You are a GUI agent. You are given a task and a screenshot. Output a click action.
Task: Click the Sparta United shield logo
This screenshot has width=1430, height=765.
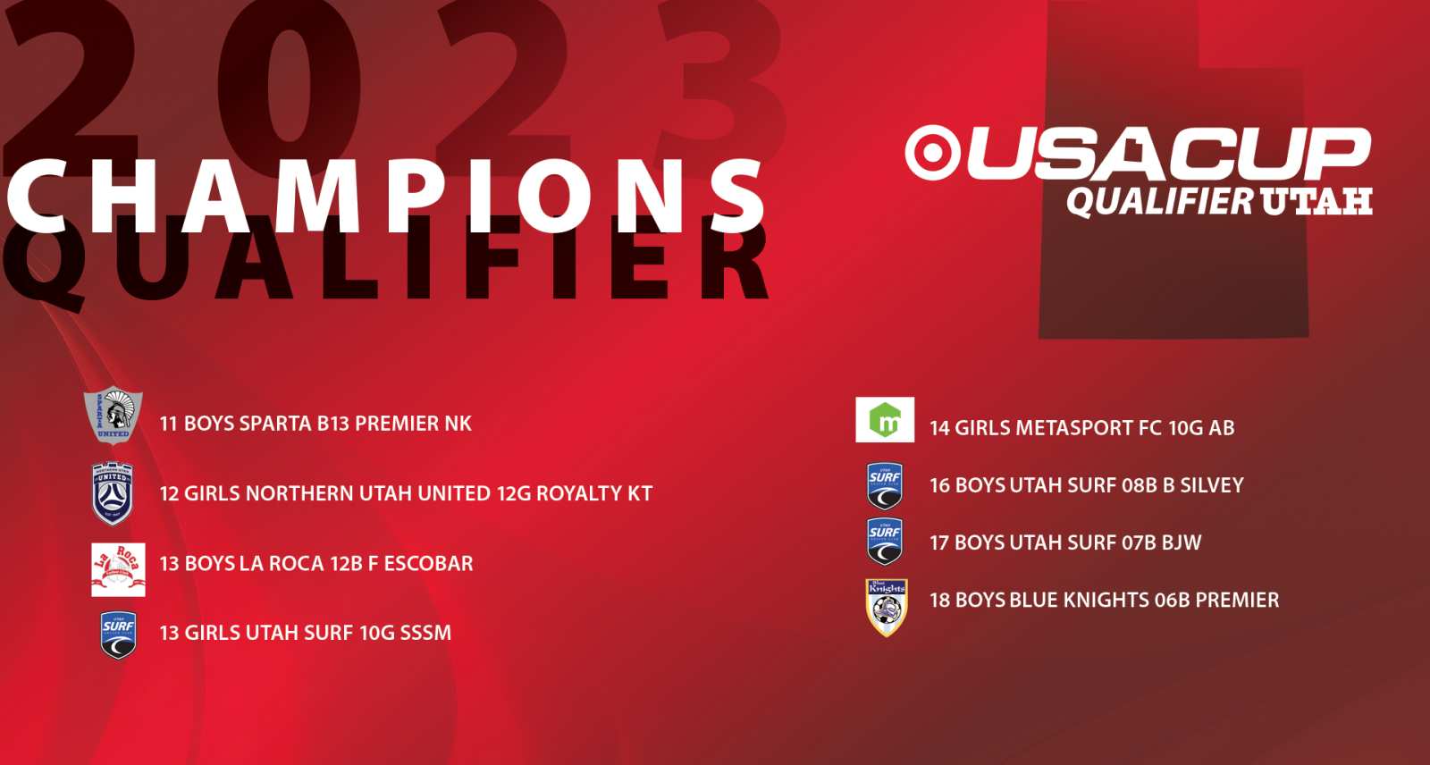click(113, 415)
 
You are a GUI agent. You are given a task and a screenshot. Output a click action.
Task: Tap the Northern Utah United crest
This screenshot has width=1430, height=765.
click(113, 493)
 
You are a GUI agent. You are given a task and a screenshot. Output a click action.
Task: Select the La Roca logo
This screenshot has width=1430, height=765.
click(118, 569)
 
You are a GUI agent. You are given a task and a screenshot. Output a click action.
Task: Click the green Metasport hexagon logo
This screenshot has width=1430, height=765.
click(885, 419)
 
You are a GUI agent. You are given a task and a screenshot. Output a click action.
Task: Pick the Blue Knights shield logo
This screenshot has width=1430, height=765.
click(887, 608)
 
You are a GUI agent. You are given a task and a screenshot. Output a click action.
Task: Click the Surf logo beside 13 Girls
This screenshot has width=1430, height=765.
click(118, 635)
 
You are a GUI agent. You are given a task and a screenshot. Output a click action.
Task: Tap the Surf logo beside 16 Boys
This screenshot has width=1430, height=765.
click(885, 486)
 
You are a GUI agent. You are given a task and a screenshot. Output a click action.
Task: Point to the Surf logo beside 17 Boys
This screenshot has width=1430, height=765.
click(885, 542)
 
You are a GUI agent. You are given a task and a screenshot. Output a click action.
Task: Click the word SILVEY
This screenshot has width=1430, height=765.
click(1212, 485)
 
